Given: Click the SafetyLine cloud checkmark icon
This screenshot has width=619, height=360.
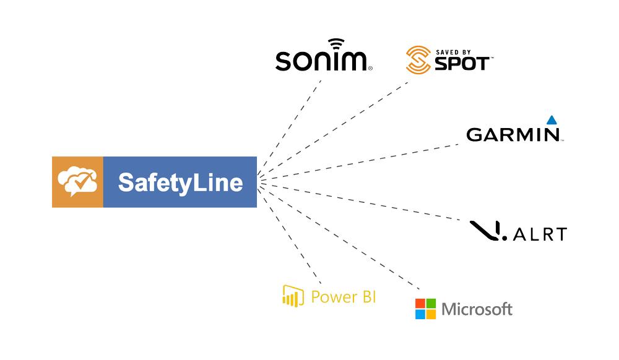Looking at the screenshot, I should pos(77,181).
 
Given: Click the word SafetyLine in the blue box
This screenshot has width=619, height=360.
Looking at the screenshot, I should pos(180,182).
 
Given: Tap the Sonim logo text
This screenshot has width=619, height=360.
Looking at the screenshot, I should pos(322,61).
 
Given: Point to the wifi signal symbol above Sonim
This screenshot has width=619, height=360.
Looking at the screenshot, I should pos(337,45).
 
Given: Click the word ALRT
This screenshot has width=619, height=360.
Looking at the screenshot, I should pos(540,234).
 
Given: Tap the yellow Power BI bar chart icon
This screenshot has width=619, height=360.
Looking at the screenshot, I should pos(293,296).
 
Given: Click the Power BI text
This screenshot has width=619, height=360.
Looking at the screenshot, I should pos(343,297).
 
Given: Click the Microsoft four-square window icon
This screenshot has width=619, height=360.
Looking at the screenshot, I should pos(425,309).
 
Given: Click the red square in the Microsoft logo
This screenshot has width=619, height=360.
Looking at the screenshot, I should pos(420,303).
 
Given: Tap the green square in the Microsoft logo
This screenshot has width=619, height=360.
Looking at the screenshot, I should pos(431,303).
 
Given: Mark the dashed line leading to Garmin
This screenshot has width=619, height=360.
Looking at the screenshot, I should pos(365,161).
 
